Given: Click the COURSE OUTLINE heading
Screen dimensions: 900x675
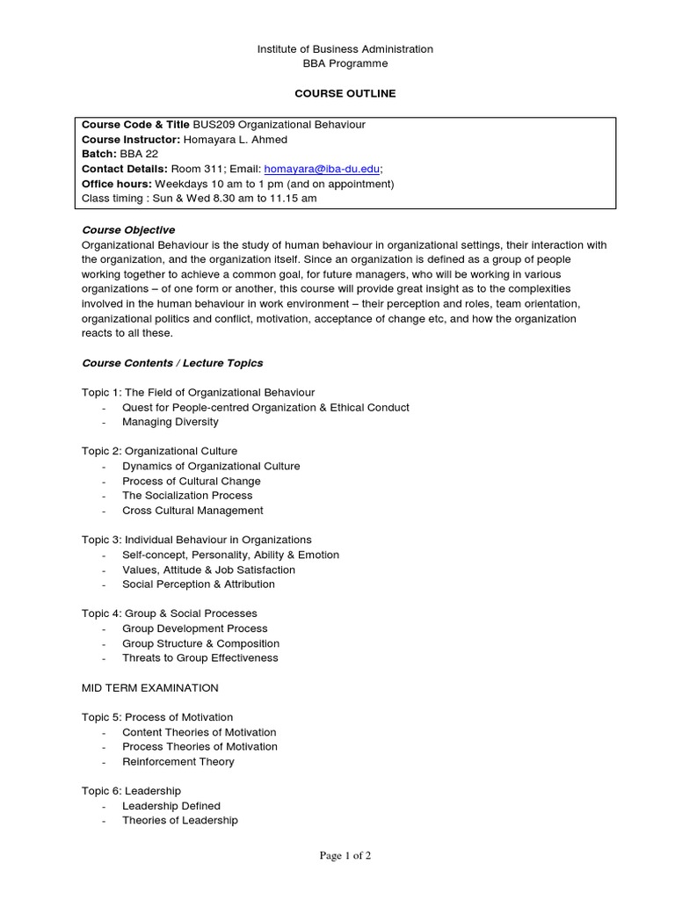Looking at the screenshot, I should tap(345, 93).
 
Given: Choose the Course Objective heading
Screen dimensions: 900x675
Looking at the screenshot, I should tap(128, 230).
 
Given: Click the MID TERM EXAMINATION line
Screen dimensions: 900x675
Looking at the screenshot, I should tap(150, 687).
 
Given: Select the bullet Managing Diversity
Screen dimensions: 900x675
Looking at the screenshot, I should tap(171, 422).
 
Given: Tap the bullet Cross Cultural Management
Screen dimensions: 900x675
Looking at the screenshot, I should tap(192, 511).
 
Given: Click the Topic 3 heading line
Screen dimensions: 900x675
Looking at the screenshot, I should tap(197, 540).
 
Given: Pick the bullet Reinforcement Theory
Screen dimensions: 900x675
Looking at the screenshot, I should tap(178, 762).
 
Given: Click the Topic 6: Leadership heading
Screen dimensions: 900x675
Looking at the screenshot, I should tap(131, 791).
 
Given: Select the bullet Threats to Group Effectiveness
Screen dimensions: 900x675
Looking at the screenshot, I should tap(200, 658).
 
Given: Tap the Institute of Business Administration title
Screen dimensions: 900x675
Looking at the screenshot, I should tap(345, 49).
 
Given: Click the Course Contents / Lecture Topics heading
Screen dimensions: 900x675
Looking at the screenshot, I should tap(172, 363).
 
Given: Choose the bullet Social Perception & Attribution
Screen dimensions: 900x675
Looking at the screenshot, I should tap(199, 584).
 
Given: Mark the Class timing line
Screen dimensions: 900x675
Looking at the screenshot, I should tap(200, 199).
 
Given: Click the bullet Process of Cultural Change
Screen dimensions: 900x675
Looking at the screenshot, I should tap(192, 482).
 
